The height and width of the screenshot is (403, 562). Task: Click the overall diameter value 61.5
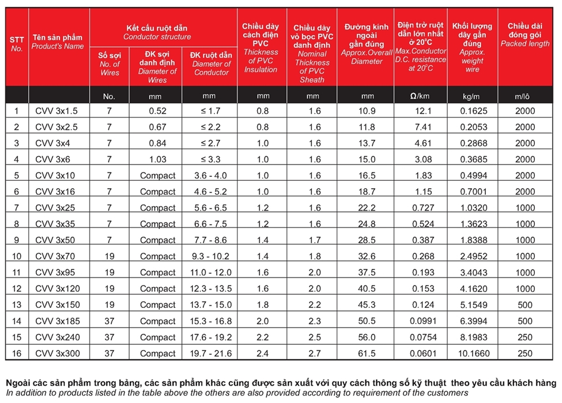[x=367, y=353]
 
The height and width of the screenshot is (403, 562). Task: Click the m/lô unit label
[x=525, y=96]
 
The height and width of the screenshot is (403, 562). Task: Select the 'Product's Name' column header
[x=58, y=41]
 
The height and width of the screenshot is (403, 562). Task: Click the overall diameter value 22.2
[x=367, y=208]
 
